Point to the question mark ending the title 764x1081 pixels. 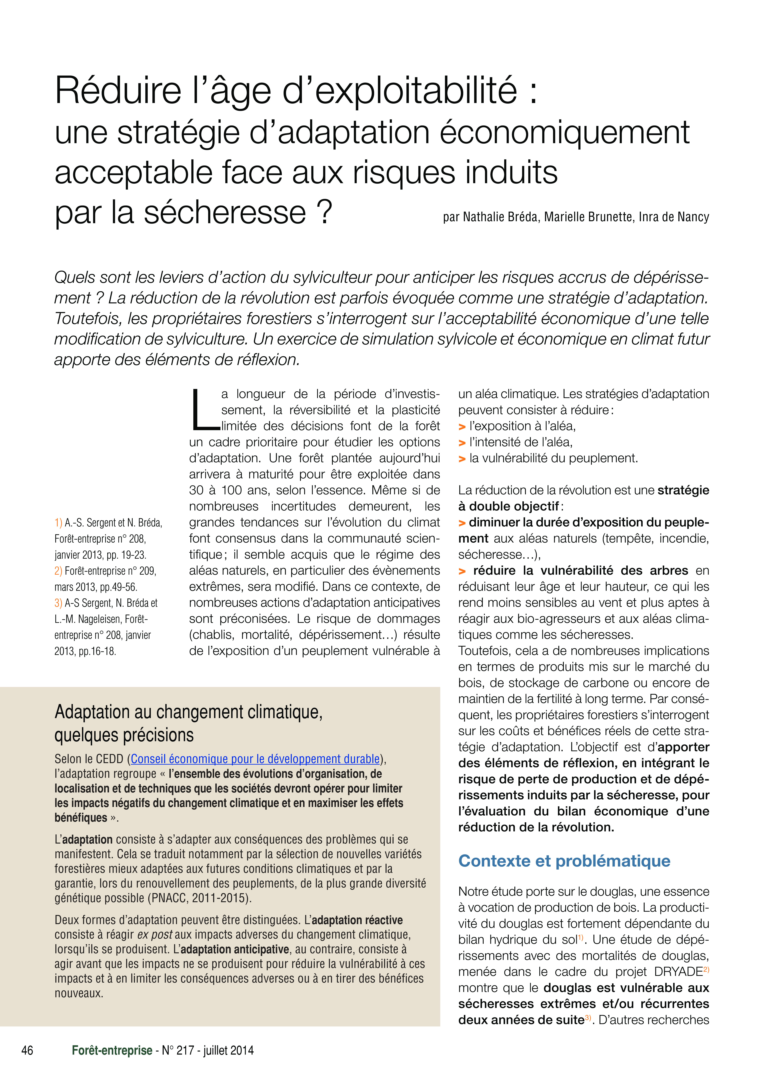(324, 212)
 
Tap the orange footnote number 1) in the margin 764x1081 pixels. (58, 523)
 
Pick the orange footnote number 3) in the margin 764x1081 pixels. (58, 603)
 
